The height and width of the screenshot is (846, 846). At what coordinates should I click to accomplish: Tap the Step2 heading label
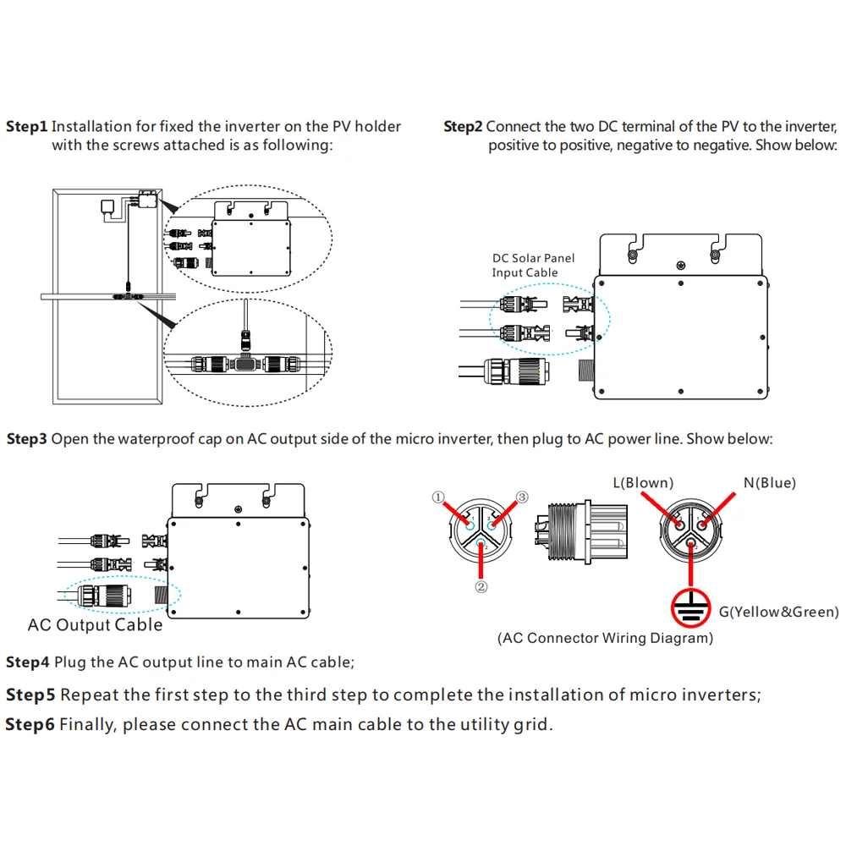463,127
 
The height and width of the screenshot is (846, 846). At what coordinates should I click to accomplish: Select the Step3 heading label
27,439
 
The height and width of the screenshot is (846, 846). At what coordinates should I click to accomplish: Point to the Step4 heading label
27,662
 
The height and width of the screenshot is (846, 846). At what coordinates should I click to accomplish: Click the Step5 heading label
30,695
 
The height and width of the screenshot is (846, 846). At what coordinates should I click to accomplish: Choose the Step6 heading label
30,725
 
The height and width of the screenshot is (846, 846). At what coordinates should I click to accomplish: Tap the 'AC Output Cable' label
95,625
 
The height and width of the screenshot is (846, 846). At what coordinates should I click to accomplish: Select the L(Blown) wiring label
643,483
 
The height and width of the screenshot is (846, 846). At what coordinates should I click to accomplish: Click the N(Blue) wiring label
770,483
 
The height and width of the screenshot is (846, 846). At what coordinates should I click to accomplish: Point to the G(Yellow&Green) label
778,612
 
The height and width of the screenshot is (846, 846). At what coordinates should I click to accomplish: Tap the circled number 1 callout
438,498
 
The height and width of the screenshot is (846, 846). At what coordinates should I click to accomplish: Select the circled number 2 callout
481,585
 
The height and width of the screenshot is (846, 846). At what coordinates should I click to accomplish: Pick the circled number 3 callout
521,497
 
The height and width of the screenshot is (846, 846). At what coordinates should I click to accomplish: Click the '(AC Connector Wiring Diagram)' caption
605,638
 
